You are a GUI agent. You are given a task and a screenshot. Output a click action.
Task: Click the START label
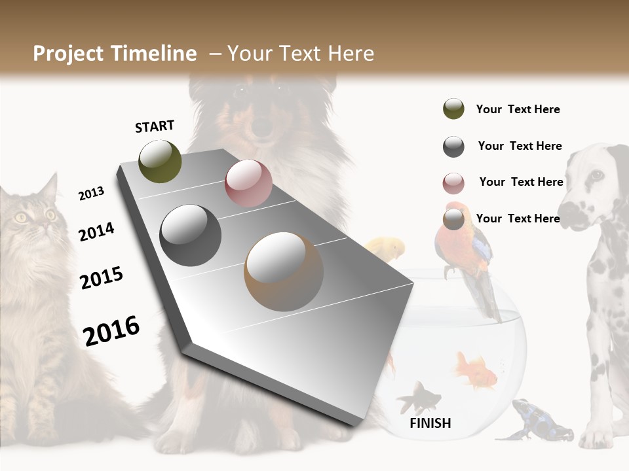(x=155, y=126)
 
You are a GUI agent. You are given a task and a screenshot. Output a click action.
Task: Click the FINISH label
(x=430, y=423)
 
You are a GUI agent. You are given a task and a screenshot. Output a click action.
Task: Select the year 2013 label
(x=91, y=194)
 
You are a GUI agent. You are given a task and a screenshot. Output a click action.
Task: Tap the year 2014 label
(x=97, y=232)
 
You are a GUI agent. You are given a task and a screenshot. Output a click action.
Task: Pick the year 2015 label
(x=102, y=279)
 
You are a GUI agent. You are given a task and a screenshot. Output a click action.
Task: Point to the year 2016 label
(x=111, y=330)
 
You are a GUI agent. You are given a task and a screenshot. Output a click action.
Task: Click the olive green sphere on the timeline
(x=160, y=161)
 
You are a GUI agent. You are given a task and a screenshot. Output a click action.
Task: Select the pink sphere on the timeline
(x=248, y=183)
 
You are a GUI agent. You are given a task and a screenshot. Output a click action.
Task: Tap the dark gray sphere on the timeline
(x=191, y=235)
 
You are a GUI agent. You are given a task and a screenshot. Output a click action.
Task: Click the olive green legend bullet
(x=453, y=109)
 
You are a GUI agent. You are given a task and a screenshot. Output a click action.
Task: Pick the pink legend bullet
(x=453, y=183)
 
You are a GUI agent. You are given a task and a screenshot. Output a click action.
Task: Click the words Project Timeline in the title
(x=115, y=54)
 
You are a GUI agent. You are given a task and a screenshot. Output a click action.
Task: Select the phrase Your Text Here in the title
(x=301, y=54)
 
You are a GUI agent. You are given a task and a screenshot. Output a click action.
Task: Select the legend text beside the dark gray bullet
(x=520, y=146)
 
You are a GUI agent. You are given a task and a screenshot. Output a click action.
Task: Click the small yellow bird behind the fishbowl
(x=387, y=249)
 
